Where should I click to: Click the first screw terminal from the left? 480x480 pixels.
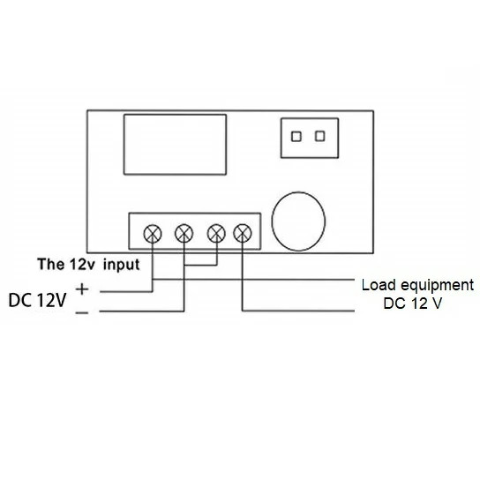click(153, 234)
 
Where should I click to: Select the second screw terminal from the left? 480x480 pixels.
click(184, 233)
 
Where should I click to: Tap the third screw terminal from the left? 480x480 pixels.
click(216, 233)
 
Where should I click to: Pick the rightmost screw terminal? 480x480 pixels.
click(243, 233)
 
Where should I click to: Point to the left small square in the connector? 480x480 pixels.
click(296, 137)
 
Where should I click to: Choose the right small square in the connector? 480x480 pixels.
click(320, 136)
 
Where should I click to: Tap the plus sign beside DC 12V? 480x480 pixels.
click(82, 289)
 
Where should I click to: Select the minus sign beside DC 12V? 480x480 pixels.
click(82, 312)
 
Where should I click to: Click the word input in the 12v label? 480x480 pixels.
click(121, 265)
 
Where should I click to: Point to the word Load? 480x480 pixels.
click(379, 285)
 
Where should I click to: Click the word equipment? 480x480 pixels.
click(438, 286)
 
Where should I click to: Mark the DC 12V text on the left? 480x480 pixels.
click(37, 300)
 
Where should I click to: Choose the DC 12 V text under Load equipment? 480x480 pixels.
click(413, 304)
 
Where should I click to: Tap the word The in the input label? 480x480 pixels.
click(51, 264)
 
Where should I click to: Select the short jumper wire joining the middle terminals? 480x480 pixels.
click(200, 265)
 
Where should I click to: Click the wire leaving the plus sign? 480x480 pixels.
click(126, 291)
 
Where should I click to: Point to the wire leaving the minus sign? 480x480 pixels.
click(142, 311)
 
